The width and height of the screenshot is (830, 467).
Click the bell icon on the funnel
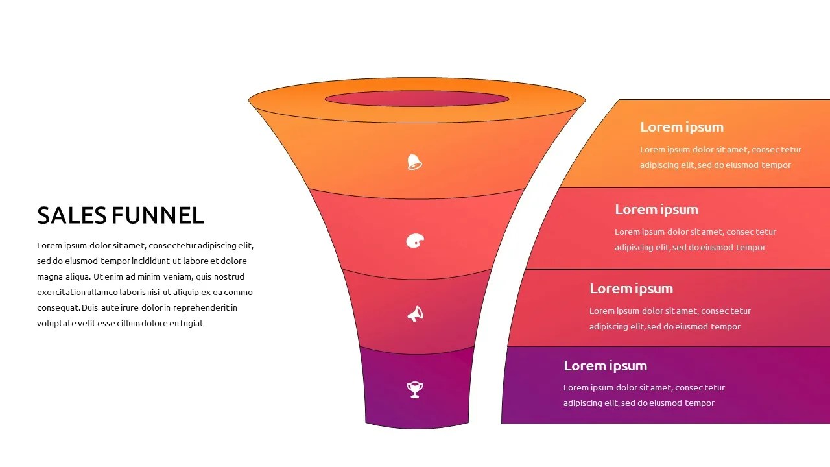click(x=414, y=162)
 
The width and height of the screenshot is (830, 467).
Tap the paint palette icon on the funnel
click(x=415, y=241)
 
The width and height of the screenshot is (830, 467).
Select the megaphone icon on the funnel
click(x=415, y=315)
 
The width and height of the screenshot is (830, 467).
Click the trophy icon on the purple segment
click(x=415, y=389)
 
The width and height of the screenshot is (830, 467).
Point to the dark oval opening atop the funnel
click(x=416, y=99)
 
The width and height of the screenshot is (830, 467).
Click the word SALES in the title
click(x=72, y=215)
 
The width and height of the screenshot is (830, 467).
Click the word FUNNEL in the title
click(x=158, y=215)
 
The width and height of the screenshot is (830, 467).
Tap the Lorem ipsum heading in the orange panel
click(x=682, y=127)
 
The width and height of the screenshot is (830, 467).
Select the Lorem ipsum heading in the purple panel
click(x=605, y=366)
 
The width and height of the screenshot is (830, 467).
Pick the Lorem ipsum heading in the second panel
click(x=656, y=210)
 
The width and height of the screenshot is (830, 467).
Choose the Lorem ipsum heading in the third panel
click(x=631, y=289)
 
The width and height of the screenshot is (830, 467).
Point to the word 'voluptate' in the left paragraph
click(x=56, y=324)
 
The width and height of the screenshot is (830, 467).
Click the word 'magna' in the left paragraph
click(x=49, y=277)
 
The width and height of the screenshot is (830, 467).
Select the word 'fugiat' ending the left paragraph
click(x=192, y=324)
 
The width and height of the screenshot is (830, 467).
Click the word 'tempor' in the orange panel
click(x=776, y=165)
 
